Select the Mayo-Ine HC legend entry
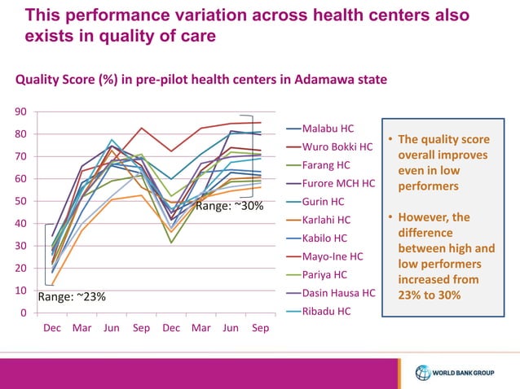pyautogui.click(x=331, y=256)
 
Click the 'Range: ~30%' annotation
pyautogui.click(x=230, y=206)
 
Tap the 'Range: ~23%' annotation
pyautogui.click(x=72, y=296)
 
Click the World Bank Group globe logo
pyautogui.click(x=422, y=374)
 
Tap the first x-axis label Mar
pyautogui.click(x=82, y=328)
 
